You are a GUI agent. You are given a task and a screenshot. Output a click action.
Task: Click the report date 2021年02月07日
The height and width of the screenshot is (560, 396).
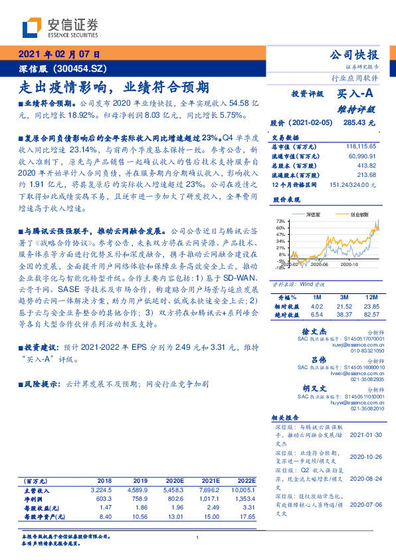(x=58, y=55)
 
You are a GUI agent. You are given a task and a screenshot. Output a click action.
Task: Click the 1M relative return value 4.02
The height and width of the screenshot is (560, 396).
(x=316, y=305)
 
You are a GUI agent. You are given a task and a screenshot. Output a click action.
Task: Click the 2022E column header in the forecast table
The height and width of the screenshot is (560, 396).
(x=245, y=480)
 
